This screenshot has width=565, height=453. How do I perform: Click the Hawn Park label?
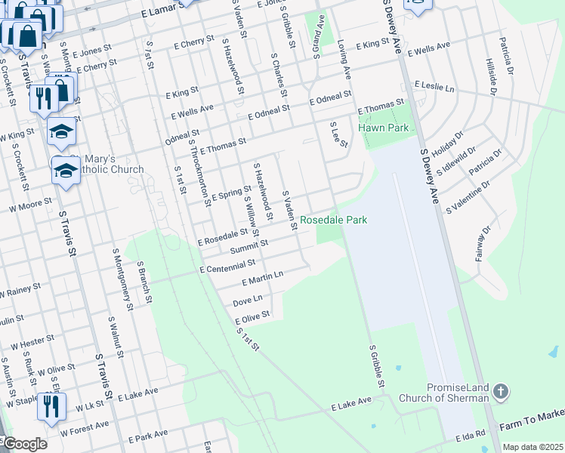click(x=384, y=128)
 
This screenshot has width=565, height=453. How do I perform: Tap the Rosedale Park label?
click(x=334, y=220)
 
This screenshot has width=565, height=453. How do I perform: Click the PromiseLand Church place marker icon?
click(x=499, y=391)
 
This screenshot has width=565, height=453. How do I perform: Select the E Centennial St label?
click(x=227, y=267)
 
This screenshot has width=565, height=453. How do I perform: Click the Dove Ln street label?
click(x=248, y=301)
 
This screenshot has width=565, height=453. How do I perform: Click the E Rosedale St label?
click(x=223, y=238)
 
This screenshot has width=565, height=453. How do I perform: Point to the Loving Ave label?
click(x=344, y=60)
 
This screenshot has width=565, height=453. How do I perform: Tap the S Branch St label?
click(x=144, y=282)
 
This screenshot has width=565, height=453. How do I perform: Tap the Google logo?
click(x=24, y=445)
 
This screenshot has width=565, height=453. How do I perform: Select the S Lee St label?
click(x=338, y=134)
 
